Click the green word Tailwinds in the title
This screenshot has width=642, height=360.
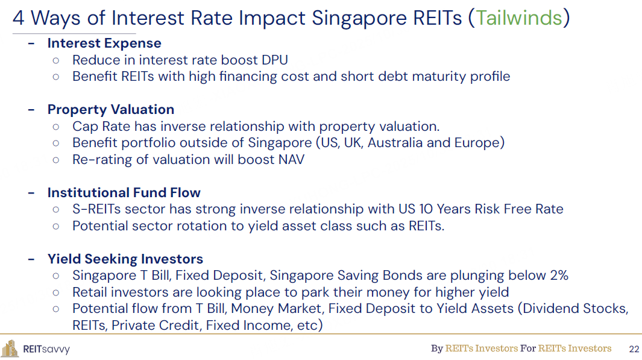point(519,18)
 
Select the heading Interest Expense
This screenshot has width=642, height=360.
point(104,43)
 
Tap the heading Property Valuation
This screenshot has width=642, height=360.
point(111,110)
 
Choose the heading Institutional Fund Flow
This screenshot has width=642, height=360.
point(124,192)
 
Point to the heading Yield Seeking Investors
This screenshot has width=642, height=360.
point(125,259)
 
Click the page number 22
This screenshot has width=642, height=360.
point(634,349)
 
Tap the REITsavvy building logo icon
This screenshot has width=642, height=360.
point(10,349)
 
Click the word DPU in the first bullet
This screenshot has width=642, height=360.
point(275,60)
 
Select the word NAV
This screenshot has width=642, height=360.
point(291,160)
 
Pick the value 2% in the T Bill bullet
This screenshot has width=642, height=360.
point(559,276)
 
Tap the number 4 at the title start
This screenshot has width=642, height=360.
point(18,19)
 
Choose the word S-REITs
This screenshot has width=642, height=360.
point(96,209)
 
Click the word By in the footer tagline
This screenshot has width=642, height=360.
point(437,349)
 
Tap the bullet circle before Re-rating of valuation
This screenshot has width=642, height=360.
point(56,160)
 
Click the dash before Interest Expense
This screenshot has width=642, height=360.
point(31,43)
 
